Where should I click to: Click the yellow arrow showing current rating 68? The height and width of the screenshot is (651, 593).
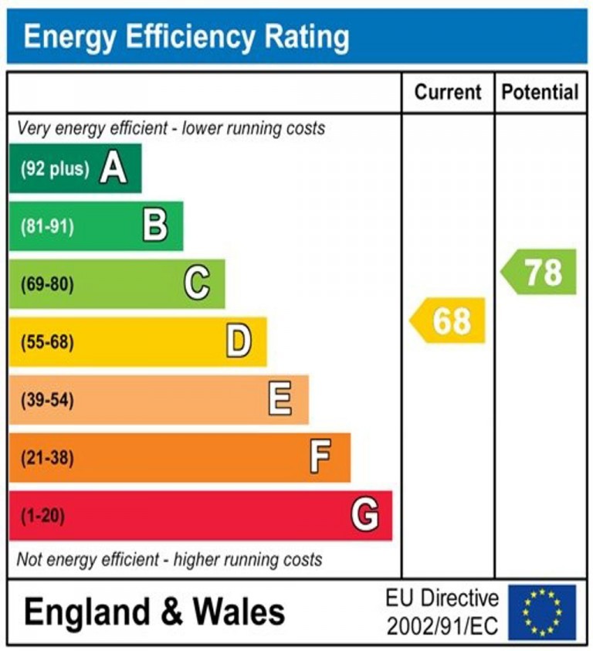click(x=449, y=320)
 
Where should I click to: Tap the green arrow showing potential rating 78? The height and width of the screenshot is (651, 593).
click(x=540, y=272)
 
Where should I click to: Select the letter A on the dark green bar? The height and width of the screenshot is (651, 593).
click(x=113, y=168)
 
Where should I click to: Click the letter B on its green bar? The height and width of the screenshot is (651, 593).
click(x=155, y=226)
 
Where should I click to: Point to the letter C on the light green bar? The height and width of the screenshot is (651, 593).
click(x=197, y=284)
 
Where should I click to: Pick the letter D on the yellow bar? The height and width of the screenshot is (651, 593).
click(x=239, y=341)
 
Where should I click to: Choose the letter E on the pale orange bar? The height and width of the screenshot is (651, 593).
click(x=280, y=399)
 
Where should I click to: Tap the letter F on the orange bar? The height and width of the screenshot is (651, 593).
click(x=320, y=457)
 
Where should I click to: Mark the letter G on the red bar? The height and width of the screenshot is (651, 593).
click(x=364, y=515)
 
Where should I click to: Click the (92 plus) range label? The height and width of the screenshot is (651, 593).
click(x=55, y=168)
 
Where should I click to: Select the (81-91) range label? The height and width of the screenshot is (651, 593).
click(x=47, y=227)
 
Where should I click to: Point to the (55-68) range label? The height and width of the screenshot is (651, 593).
click(x=47, y=342)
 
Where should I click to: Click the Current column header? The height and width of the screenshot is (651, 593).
click(x=448, y=93)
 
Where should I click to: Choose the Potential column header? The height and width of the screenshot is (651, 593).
click(x=540, y=93)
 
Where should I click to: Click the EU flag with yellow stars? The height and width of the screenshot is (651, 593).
click(x=542, y=612)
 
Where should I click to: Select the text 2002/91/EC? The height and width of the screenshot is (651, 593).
click(x=442, y=624)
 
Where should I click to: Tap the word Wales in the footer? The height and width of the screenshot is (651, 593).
click(x=239, y=612)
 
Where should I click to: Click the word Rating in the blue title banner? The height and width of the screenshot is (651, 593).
click(x=304, y=36)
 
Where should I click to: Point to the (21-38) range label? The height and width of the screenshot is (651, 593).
click(x=47, y=458)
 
